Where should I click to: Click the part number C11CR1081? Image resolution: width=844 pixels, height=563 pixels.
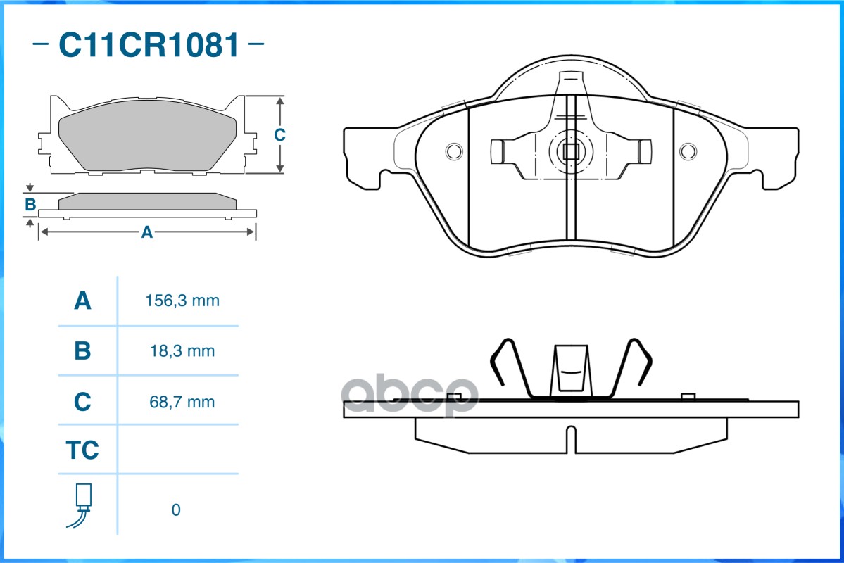149,46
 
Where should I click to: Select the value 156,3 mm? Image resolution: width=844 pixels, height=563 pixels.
182,301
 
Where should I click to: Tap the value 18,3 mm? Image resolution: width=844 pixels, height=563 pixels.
182,350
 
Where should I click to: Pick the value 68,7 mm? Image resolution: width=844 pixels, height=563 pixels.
182,402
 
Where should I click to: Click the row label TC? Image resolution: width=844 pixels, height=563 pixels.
82,450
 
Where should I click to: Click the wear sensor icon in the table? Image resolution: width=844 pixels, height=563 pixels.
82,505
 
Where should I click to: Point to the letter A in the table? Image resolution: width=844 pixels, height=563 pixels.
82,301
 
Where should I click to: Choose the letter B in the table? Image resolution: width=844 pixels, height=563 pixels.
82,350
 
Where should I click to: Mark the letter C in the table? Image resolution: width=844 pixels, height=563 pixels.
82,402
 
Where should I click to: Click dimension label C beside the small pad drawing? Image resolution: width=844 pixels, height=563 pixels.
279,134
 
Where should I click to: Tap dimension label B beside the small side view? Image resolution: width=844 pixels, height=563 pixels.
30,205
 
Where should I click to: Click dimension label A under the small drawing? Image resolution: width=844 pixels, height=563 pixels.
147,232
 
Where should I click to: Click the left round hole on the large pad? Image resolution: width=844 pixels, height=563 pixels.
454,151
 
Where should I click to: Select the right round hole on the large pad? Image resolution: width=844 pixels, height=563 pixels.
688,151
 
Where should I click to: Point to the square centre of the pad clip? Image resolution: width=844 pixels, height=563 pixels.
570,151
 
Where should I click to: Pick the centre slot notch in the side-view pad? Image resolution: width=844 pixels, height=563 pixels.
571,440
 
